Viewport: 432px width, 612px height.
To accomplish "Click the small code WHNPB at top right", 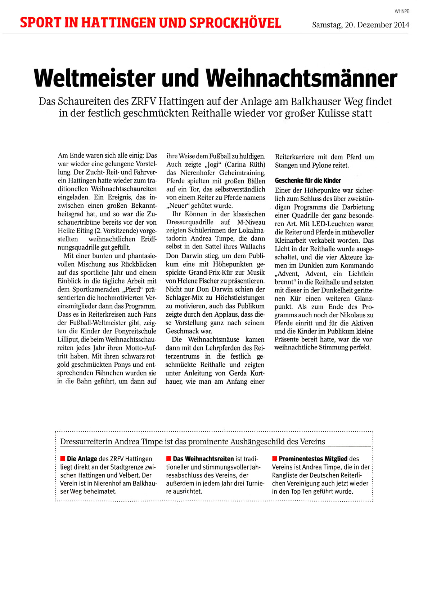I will (402, 11).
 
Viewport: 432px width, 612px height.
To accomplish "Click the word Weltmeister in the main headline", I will (95, 78).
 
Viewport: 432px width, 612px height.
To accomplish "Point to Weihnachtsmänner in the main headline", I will (302, 78).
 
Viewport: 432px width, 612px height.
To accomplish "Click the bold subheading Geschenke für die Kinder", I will (308, 181).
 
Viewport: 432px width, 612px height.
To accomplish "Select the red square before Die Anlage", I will (63, 459).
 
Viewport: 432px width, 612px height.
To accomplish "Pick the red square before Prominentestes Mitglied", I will (274, 459).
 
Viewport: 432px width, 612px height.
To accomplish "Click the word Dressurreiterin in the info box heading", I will (86, 442).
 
